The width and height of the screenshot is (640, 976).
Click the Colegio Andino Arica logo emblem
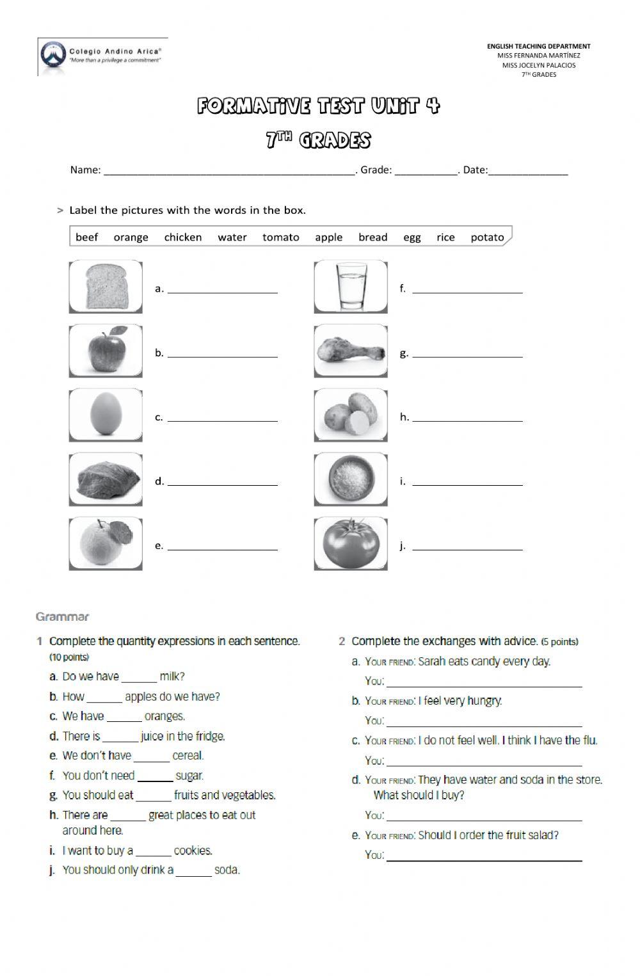[x=52, y=56]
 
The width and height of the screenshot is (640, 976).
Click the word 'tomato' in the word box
[x=280, y=237]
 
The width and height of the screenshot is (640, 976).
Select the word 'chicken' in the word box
[x=182, y=237]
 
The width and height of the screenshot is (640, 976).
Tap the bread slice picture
[x=106, y=286]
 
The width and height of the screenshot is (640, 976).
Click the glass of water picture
[x=351, y=286]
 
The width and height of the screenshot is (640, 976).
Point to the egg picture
[x=106, y=415]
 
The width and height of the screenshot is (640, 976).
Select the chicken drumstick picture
[x=351, y=351]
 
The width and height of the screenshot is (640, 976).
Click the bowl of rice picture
[x=351, y=479]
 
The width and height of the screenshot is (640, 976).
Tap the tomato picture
[x=351, y=544]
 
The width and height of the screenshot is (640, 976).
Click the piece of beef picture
[x=106, y=479]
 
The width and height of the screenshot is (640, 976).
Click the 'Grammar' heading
[x=62, y=617]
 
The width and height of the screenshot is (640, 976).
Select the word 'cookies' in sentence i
[x=193, y=851]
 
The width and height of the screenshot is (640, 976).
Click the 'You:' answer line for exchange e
[x=484, y=858]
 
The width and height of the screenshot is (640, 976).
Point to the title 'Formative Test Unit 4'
[x=318, y=106]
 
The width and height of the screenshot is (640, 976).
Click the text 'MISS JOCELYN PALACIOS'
[x=538, y=65]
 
